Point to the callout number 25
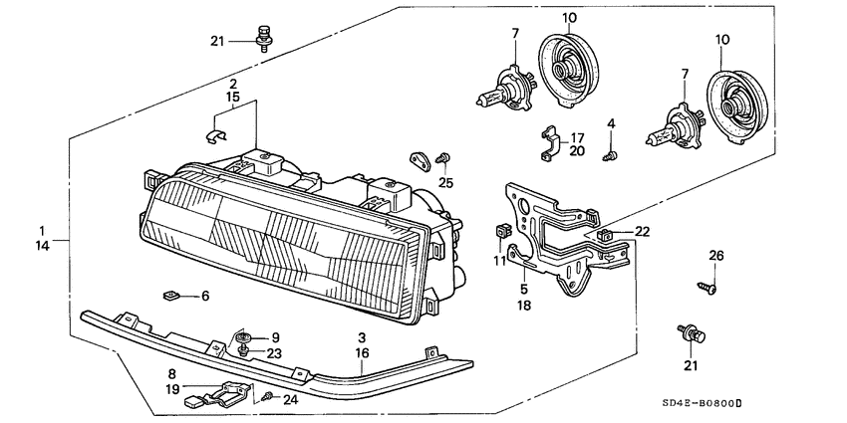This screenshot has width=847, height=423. pyautogui.click(x=445, y=182)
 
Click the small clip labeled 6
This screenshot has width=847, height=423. pyautogui.click(x=171, y=296)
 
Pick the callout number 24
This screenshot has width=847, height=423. pyautogui.click(x=289, y=399)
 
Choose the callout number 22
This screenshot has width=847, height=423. pyautogui.click(x=642, y=231)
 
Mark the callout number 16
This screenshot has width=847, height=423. pyautogui.click(x=363, y=352)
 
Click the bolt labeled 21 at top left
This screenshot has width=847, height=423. pyautogui.click(x=264, y=37)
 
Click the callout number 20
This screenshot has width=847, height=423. pyautogui.click(x=577, y=150)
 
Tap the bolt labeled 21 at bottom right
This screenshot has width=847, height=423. pyautogui.click(x=688, y=333)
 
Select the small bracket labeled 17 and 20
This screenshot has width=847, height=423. pyautogui.click(x=547, y=141)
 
